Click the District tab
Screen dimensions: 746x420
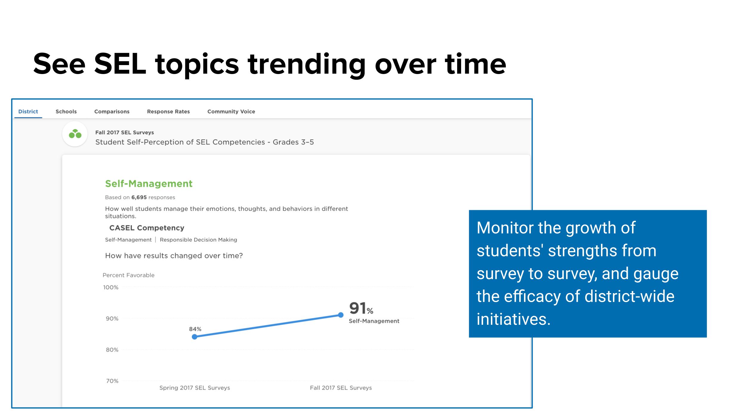click(28, 111)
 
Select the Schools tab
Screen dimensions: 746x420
click(66, 111)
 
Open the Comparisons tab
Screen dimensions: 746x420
click(112, 112)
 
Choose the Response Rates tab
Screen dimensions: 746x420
click(168, 112)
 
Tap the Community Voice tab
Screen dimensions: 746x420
click(231, 112)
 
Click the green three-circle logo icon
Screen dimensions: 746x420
click(75, 134)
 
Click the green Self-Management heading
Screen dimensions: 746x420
click(149, 184)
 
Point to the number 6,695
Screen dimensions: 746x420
click(139, 197)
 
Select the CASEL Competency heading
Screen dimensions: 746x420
click(147, 228)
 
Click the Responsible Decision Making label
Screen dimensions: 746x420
click(198, 240)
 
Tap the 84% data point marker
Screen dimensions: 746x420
click(195, 337)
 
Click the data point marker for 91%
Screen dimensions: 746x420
click(341, 315)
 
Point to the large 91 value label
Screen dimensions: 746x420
click(357, 308)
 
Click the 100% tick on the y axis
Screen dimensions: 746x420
click(111, 287)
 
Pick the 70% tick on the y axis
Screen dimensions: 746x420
click(112, 381)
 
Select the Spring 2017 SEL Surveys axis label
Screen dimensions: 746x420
click(195, 388)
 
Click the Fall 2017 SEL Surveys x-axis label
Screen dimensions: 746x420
click(341, 388)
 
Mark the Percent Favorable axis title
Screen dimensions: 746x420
click(129, 275)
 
